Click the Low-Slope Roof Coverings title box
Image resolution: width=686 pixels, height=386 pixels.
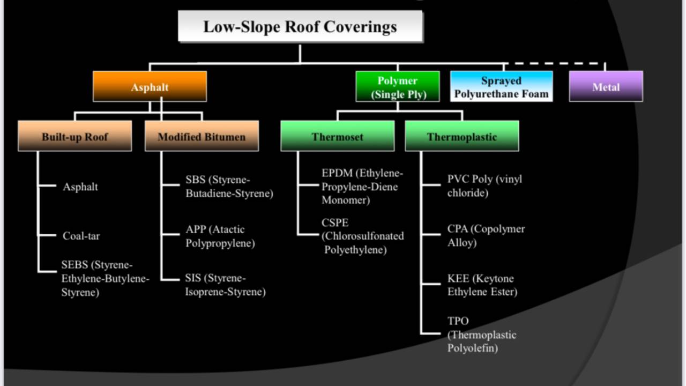300,26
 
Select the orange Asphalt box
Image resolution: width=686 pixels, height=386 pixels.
150,87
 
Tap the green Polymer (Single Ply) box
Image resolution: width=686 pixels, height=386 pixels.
397,87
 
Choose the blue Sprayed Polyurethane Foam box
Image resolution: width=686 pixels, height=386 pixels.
501,87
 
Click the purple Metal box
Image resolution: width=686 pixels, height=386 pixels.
606,87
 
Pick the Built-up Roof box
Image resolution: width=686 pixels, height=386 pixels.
74,136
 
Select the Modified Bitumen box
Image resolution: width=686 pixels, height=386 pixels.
202,136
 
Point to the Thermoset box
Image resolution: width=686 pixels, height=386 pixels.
337,136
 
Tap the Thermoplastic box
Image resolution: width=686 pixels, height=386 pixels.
461,136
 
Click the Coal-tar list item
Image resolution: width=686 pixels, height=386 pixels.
81,236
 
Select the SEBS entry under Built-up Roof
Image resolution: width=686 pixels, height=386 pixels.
105,279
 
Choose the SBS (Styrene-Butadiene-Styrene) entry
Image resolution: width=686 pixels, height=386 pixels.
229,187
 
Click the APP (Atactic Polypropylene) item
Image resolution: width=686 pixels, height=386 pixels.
220,236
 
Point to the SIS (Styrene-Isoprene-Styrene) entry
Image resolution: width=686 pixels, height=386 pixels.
225,285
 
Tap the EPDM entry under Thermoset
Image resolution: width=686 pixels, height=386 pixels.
362,187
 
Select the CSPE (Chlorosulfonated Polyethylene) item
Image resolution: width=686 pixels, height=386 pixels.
363,236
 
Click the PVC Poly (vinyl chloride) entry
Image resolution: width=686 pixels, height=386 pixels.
484,185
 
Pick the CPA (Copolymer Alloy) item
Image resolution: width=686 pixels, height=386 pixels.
486,236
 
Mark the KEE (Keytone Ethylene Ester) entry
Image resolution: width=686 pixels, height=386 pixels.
482,285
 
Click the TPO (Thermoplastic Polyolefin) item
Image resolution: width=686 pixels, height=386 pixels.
481,335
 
